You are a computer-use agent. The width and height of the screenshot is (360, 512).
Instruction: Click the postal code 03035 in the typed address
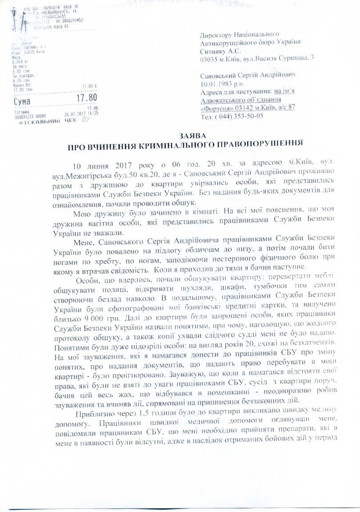[x=209, y=59]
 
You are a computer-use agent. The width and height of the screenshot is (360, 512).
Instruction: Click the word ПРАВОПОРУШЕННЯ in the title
[x=250, y=144]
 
